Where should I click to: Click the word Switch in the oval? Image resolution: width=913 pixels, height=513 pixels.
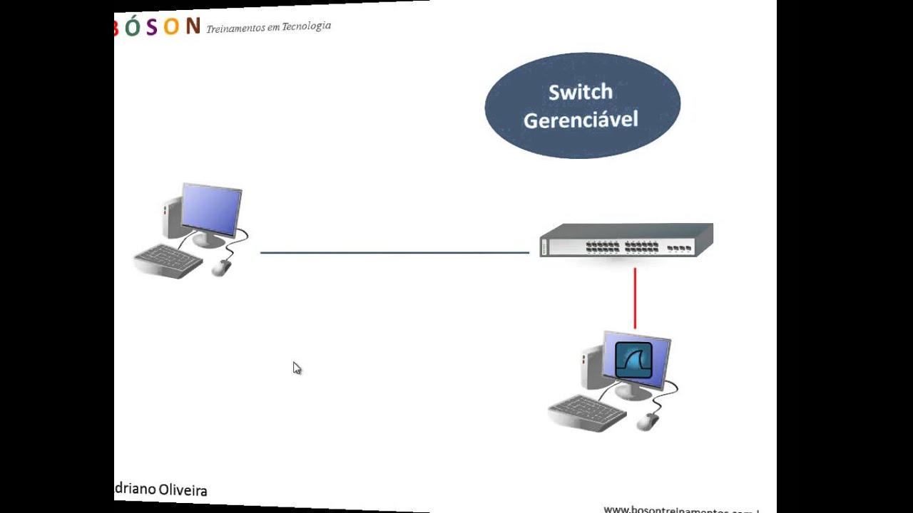[580, 93]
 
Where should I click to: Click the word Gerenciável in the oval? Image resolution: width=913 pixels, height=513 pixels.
[581, 120]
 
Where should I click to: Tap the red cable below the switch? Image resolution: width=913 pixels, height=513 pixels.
[635, 298]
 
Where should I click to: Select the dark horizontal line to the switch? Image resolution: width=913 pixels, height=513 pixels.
[394, 252]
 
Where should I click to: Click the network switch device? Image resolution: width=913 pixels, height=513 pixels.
[626, 240]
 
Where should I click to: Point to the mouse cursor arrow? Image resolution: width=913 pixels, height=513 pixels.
[296, 367]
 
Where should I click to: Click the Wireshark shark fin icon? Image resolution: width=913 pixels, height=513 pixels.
[634, 360]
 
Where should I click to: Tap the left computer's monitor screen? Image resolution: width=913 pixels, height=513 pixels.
[212, 209]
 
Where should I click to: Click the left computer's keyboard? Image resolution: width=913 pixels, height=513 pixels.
[168, 260]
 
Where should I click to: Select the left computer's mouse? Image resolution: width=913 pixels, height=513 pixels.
[222, 267]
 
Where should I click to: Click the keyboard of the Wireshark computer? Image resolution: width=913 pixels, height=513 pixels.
[586, 412]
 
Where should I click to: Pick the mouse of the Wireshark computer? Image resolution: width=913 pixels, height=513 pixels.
[647, 422]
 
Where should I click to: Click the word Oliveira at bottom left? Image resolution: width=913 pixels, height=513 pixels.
[183, 490]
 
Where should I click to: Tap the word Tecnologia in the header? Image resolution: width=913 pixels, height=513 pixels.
[306, 26]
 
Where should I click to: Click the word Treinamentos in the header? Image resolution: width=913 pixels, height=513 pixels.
[235, 28]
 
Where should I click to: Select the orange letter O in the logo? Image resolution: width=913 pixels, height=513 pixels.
[171, 27]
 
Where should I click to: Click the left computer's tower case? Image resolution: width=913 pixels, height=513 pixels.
[171, 214]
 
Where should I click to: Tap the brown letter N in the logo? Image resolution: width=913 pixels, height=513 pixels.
[193, 26]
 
